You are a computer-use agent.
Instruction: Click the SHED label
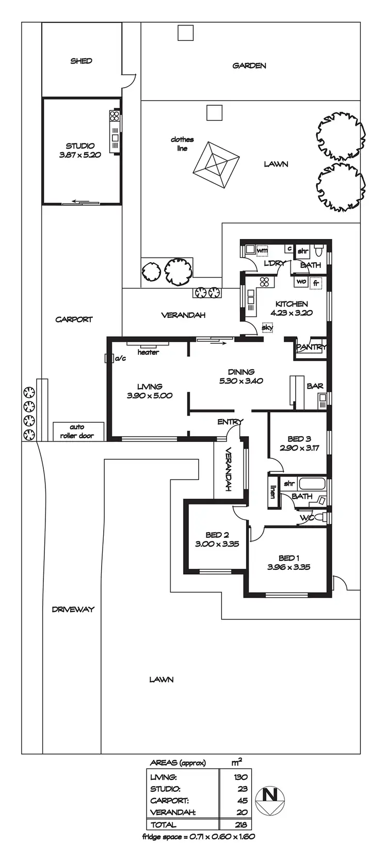81,61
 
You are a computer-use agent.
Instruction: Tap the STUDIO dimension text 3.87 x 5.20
80,155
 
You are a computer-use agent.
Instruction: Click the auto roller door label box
78,431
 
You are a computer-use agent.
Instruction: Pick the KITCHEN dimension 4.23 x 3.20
292,313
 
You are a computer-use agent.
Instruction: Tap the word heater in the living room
148,353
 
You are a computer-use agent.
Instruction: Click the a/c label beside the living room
121,358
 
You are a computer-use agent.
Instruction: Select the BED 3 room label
299,439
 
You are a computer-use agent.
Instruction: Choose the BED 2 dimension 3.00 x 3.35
217,544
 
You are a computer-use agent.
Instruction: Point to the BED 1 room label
289,557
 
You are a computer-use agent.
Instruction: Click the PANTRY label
311,347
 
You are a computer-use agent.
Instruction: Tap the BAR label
315,386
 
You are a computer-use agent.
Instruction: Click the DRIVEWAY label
73,609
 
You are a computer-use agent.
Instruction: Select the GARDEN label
249,66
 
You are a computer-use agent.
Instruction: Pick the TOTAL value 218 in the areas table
240,825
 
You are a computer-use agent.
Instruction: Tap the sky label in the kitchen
267,327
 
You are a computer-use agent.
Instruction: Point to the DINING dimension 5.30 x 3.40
241,381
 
